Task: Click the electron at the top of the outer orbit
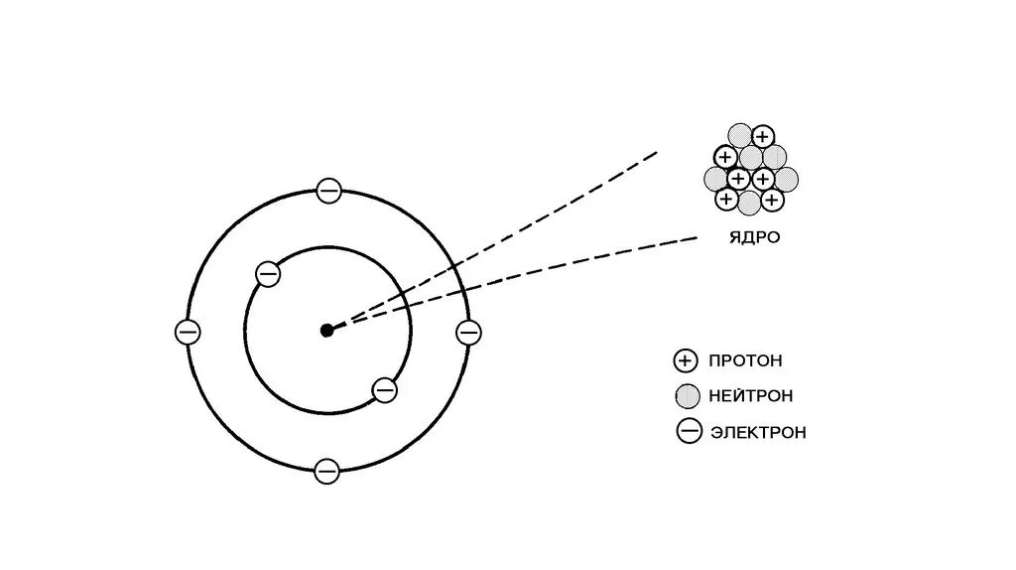coord(328,191)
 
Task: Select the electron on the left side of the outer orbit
coord(187,332)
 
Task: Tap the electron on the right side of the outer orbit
coord(468,332)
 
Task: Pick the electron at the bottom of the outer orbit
coord(326,471)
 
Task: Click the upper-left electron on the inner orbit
coord(267,273)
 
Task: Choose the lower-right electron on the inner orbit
coord(385,390)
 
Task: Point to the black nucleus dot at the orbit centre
coord(326,331)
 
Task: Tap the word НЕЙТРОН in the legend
coord(751,396)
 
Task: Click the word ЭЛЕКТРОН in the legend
coord(758,432)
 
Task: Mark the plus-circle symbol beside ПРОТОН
coord(686,360)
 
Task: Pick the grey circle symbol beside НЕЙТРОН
coord(686,396)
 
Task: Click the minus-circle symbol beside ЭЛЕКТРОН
coord(689,431)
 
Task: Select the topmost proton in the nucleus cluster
coord(762,137)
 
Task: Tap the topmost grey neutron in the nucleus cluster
coord(740,135)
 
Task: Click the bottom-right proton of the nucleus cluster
coord(773,200)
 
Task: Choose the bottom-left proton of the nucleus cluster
coord(726,200)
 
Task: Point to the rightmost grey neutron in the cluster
coord(786,179)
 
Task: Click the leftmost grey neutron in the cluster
coord(715,179)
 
